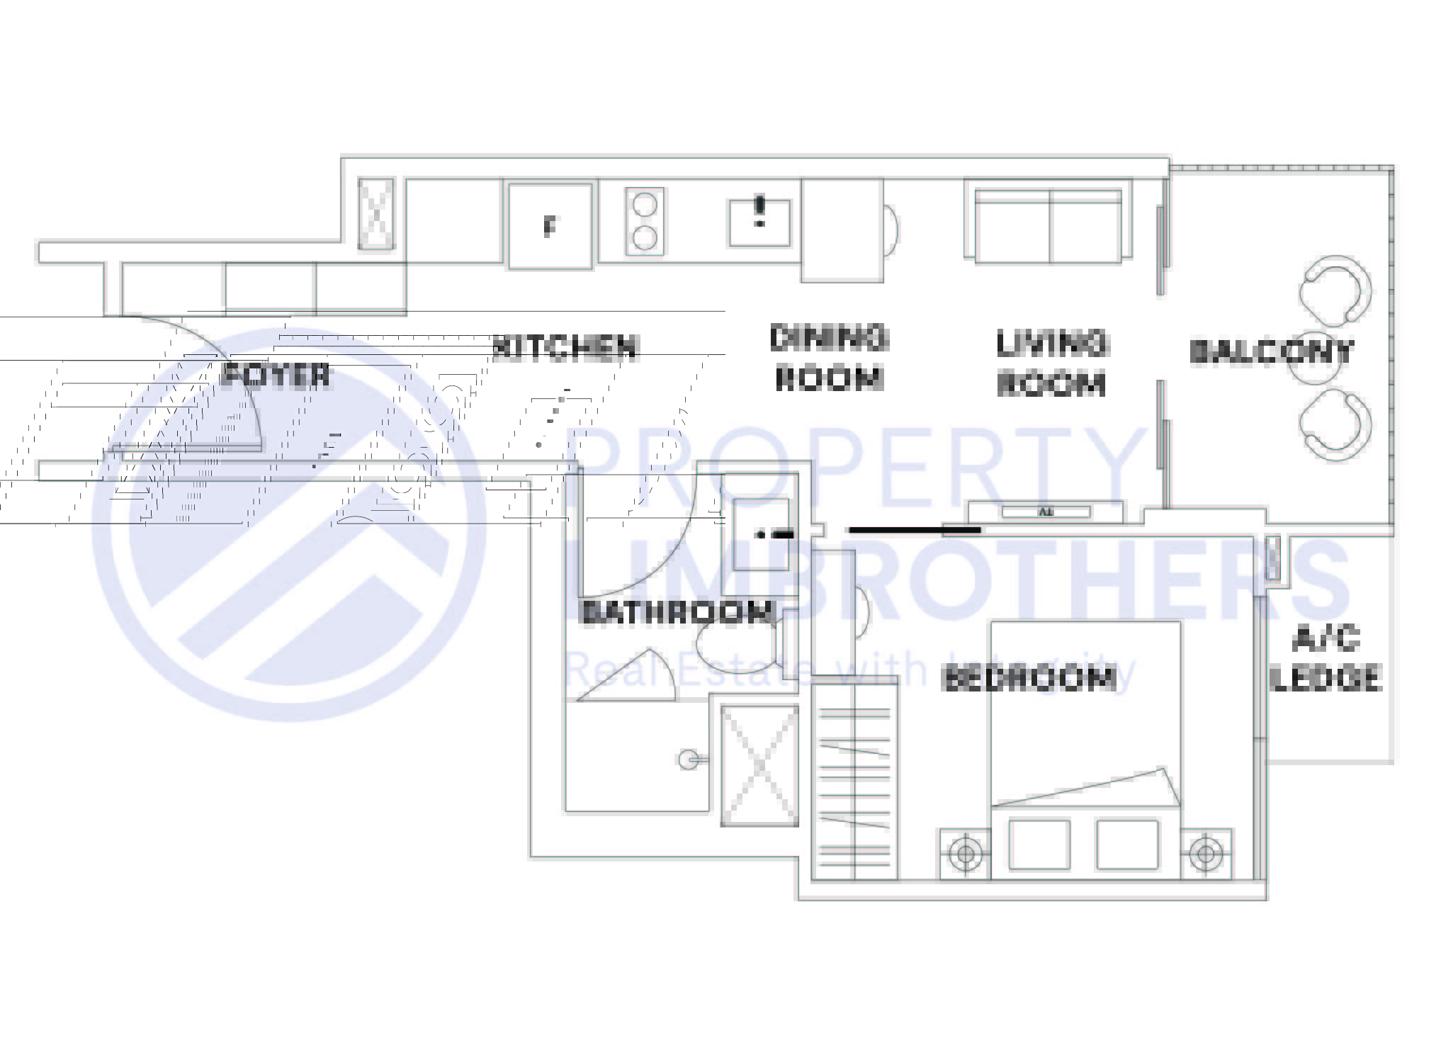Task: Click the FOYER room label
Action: (275, 375)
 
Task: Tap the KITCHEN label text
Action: (565, 346)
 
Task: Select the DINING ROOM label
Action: (828, 358)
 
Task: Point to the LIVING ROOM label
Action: (1051, 363)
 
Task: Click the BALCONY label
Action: (1271, 351)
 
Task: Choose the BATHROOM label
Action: (676, 612)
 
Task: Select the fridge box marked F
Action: (550, 226)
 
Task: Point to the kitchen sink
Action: (759, 222)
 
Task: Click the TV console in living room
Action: (1046, 512)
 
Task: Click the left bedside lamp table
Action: (965, 853)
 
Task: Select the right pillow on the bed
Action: (1127, 845)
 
